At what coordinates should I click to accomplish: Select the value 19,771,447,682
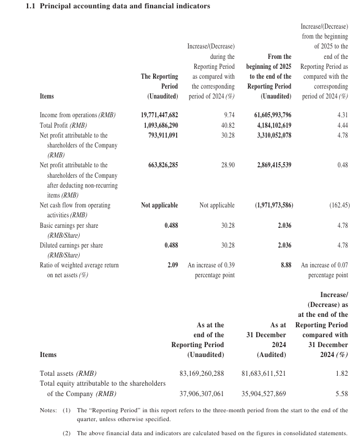coord(159,115)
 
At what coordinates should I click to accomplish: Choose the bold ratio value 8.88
coord(285,265)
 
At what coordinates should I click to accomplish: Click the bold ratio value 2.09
coord(172,265)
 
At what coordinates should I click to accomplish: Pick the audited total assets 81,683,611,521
coord(264,374)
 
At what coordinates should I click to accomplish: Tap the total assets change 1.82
coord(342,374)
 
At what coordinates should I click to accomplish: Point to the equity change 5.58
coord(342,394)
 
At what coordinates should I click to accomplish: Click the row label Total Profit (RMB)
coord(63,125)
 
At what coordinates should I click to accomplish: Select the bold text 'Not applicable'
coord(159,205)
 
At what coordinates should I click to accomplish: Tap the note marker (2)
coord(67,433)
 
